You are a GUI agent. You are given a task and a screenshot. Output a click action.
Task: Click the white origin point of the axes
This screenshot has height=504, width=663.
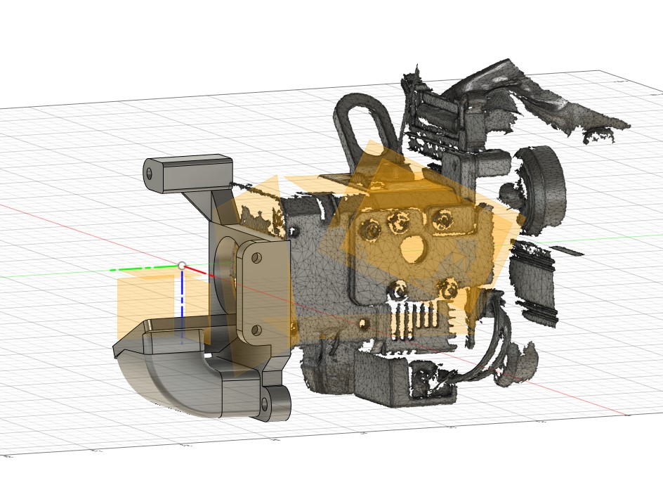click(182, 266)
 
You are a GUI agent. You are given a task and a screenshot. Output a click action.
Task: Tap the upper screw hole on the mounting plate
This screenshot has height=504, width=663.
click(257, 259)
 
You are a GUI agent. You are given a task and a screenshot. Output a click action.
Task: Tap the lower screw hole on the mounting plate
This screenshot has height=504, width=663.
click(256, 329)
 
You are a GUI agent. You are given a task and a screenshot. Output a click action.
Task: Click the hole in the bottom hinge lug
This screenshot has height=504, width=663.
click(265, 403)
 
